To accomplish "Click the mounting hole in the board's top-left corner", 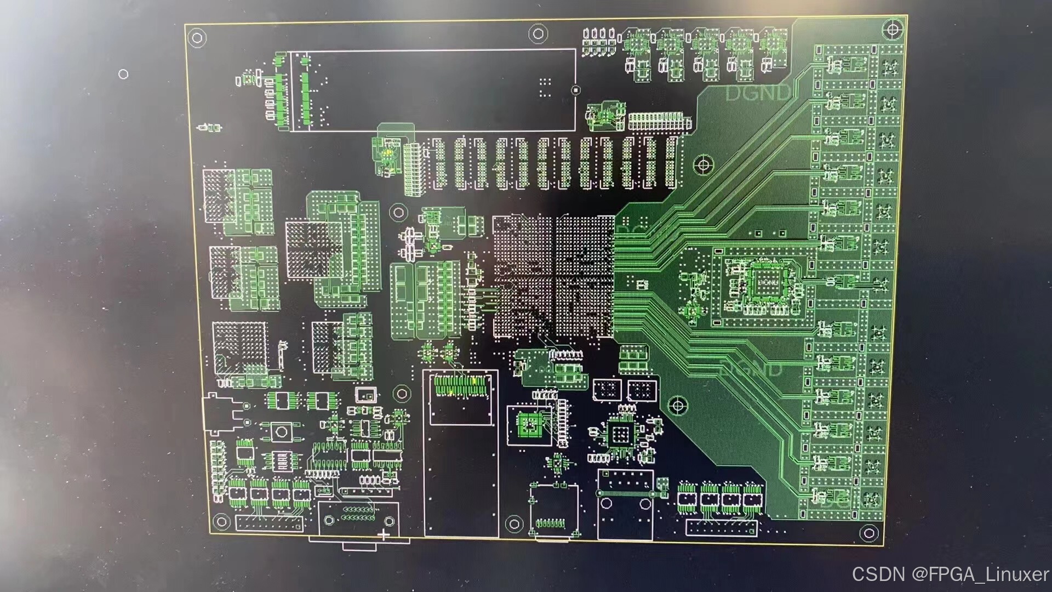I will [x=197, y=38].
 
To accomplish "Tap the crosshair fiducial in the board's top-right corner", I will [x=893, y=30].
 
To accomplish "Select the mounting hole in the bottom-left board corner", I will [x=221, y=521].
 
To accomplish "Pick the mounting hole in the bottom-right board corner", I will [x=868, y=532].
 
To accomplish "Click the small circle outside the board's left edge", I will [x=123, y=74].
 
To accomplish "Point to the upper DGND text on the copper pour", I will [x=758, y=93].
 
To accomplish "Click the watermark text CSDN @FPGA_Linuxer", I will [x=950, y=574].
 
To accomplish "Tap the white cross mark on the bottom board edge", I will [x=384, y=534].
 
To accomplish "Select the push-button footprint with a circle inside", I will [x=282, y=431].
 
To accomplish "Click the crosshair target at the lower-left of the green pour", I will [x=678, y=406].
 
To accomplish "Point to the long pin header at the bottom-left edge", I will [x=269, y=522].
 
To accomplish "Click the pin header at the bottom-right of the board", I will [x=722, y=528].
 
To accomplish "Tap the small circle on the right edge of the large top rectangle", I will [x=575, y=90].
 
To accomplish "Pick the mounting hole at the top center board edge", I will [x=538, y=34].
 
